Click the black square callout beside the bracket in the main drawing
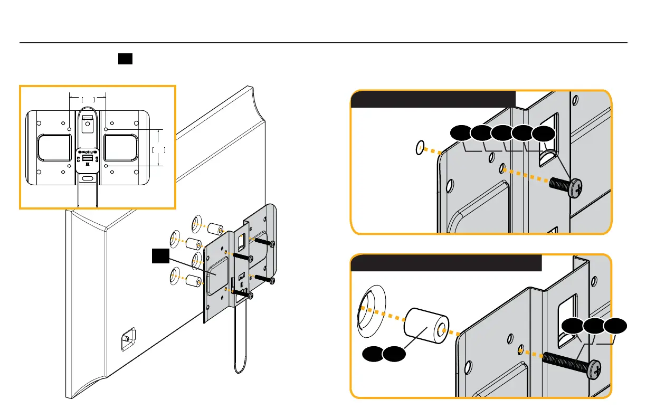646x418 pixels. coord(160,256)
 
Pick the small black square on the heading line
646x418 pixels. coord(125,58)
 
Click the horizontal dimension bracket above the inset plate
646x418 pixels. coord(88,98)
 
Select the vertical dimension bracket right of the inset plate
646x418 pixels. coord(159,149)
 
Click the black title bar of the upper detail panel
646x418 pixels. coord(433,99)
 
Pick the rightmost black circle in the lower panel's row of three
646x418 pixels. coord(616,327)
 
